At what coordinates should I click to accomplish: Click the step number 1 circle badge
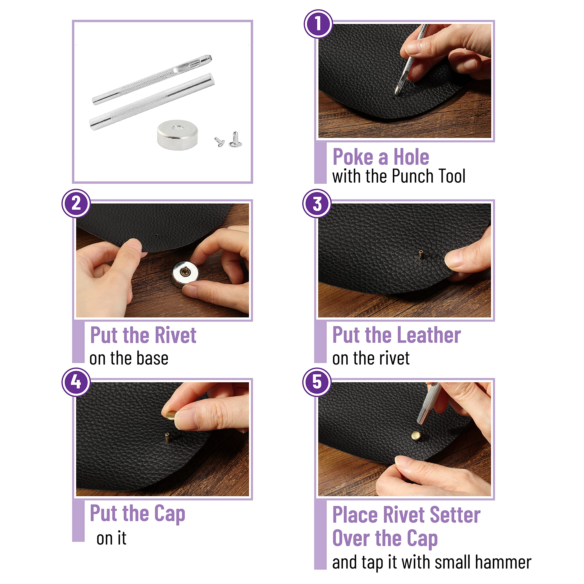click(x=318, y=23)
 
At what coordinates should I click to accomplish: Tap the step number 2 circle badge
click(x=76, y=203)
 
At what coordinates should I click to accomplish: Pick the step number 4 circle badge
click(x=76, y=382)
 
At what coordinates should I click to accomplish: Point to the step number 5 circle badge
click(x=317, y=382)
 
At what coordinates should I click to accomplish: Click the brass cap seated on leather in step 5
click(x=416, y=435)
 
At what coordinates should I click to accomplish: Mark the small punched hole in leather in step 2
click(x=156, y=235)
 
